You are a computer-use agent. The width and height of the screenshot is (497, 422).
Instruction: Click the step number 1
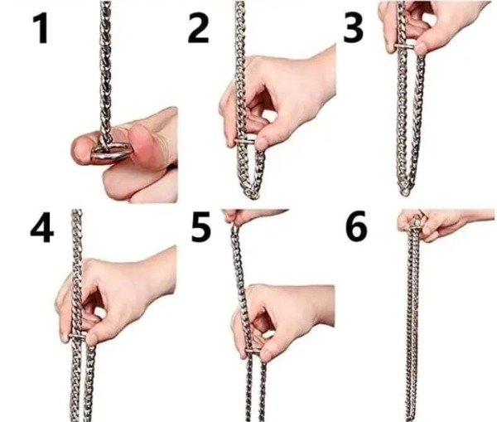41,28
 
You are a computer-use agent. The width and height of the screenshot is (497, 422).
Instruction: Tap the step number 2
199,28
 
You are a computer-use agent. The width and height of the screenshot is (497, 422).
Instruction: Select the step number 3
353,28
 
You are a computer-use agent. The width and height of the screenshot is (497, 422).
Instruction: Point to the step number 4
42,228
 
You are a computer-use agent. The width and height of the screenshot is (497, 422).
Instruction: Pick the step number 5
200,227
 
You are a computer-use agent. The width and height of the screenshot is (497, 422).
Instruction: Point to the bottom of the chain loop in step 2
253,194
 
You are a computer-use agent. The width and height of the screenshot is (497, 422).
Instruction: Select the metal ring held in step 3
404,46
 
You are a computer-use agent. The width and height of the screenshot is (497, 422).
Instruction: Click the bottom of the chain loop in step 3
404,192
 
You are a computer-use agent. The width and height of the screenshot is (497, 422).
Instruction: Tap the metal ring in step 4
77,337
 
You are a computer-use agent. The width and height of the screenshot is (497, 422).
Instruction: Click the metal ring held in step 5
253,351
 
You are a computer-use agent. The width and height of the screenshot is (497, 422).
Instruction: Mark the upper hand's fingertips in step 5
229,217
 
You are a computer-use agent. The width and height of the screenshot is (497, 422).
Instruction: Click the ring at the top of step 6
416,223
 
